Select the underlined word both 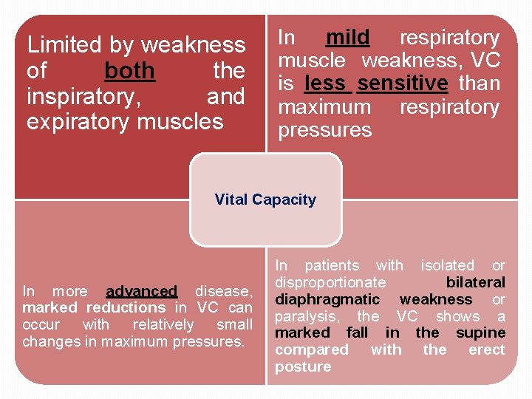[x=129, y=71]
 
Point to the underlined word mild [x=348, y=37]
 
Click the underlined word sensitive [x=402, y=83]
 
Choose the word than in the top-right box [x=479, y=83]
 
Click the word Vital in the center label [x=231, y=199]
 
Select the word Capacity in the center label [x=284, y=199]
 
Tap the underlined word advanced [x=142, y=291]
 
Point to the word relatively [x=163, y=324]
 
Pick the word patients [x=332, y=265]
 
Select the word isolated [x=447, y=265]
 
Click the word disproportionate [x=330, y=282]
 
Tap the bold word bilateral [x=476, y=282]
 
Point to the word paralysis [x=307, y=316]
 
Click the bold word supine [x=480, y=332]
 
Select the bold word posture [x=303, y=367]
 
